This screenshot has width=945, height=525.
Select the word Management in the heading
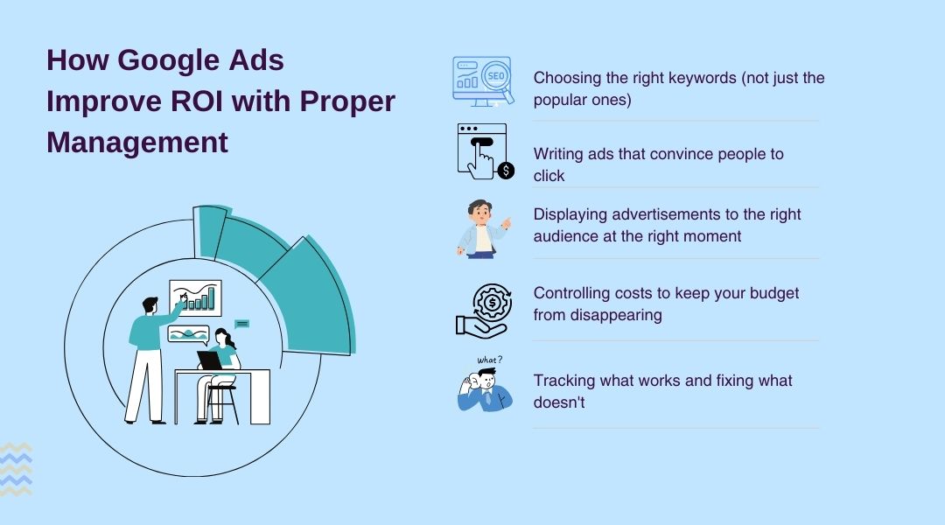click(137, 141)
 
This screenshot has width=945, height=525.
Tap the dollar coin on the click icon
click(506, 171)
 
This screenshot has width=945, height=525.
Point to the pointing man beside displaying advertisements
click(482, 228)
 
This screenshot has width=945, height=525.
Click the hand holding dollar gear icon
click(482, 312)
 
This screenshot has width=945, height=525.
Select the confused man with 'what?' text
click(484, 386)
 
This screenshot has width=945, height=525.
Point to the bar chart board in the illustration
click(195, 297)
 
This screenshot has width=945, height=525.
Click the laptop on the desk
click(210, 360)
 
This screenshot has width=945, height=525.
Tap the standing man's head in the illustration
click(150, 306)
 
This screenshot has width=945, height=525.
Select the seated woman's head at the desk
click(222, 336)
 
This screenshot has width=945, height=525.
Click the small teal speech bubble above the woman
click(242, 324)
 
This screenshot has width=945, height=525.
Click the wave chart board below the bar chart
click(189, 334)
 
